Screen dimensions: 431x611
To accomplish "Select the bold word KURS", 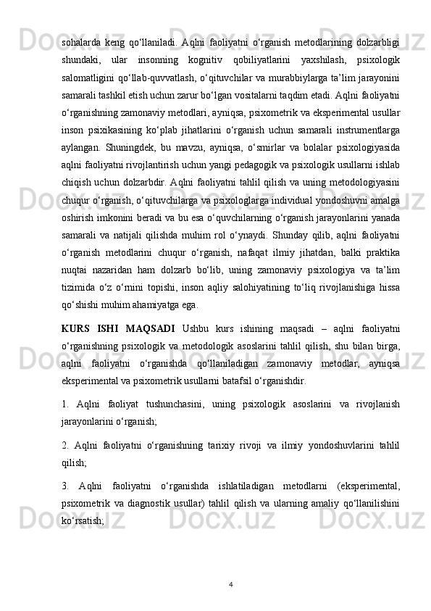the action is coord(76,328).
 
